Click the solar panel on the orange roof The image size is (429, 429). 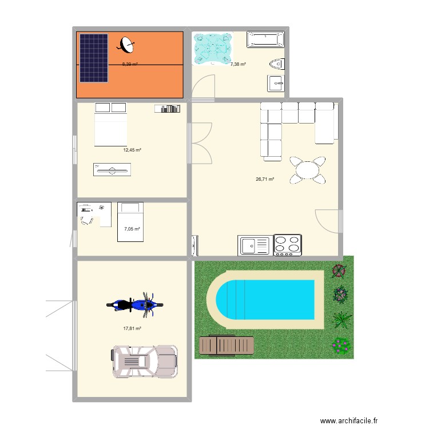coord(93,57)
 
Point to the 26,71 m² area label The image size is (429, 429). coord(264,179)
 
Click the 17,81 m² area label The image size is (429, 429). coord(132,329)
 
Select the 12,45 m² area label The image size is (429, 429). coord(132,150)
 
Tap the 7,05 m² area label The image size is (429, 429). coord(132,229)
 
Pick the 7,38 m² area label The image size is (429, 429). coord(238,65)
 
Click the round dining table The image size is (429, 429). coord(308,170)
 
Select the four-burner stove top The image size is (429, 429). coord(288,244)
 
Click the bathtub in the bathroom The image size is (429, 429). coord(265,39)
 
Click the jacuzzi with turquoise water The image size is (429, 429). coord(213,48)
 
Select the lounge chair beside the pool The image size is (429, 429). coord(226,345)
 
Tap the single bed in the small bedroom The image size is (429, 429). coord(129,221)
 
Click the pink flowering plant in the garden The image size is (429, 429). coord(341,344)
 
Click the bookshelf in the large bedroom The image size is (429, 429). coord(167,108)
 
